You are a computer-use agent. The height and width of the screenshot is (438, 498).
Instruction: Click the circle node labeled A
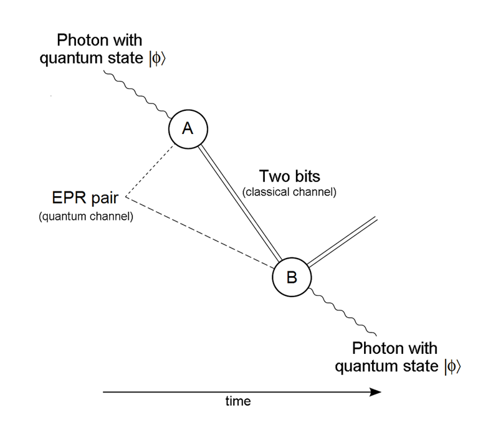tap(188, 129)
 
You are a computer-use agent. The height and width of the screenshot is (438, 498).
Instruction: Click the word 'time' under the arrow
tap(237, 402)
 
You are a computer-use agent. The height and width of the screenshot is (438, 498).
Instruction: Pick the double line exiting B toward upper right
tap(342, 241)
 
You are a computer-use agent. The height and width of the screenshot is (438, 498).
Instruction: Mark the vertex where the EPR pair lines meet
tap(127, 198)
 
